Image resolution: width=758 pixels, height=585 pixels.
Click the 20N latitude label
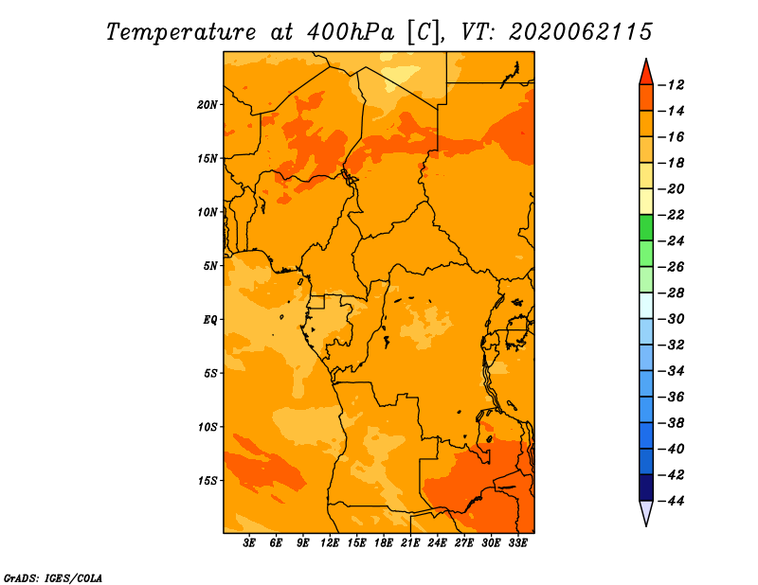(x=208, y=105)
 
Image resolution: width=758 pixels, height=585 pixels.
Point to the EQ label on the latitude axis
(x=210, y=320)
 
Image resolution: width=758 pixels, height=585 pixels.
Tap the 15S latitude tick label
(x=208, y=481)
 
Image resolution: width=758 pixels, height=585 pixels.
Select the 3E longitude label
(x=249, y=542)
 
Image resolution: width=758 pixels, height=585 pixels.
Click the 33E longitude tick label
(x=517, y=542)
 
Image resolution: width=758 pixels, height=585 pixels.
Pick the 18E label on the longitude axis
(x=384, y=542)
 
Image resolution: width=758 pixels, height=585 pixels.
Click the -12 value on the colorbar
(x=673, y=85)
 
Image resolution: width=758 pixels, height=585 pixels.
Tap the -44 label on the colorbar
(x=673, y=501)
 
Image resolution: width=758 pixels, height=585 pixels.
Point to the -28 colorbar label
(x=673, y=293)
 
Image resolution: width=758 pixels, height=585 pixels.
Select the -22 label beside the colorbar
(x=673, y=215)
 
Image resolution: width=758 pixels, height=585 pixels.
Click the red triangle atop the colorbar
(x=646, y=73)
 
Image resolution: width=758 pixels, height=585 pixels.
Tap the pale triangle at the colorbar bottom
(x=646, y=513)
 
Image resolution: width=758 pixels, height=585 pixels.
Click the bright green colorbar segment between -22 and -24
(x=646, y=228)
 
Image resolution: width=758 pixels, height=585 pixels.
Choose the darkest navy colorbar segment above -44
(x=646, y=487)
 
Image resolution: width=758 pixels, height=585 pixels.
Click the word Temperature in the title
(x=181, y=32)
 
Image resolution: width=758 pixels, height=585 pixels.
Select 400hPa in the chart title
(x=350, y=32)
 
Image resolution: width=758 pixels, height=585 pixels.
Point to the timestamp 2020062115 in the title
(x=580, y=32)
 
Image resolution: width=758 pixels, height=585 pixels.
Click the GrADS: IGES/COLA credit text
(x=53, y=578)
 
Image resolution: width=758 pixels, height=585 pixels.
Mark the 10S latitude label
(x=208, y=427)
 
